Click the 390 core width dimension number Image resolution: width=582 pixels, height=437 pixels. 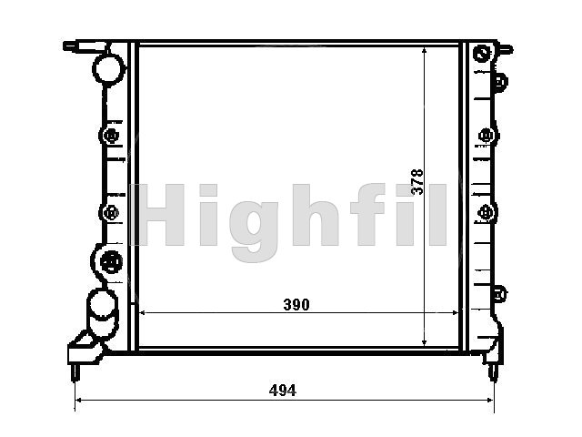(x=296, y=305)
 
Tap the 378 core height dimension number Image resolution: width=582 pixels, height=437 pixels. (x=417, y=182)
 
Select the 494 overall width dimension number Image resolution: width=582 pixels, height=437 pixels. (x=283, y=391)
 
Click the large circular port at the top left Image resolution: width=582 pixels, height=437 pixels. (x=108, y=68)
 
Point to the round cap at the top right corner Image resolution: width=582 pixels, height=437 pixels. (x=482, y=53)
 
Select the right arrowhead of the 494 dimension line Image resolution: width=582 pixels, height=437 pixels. (x=489, y=401)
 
